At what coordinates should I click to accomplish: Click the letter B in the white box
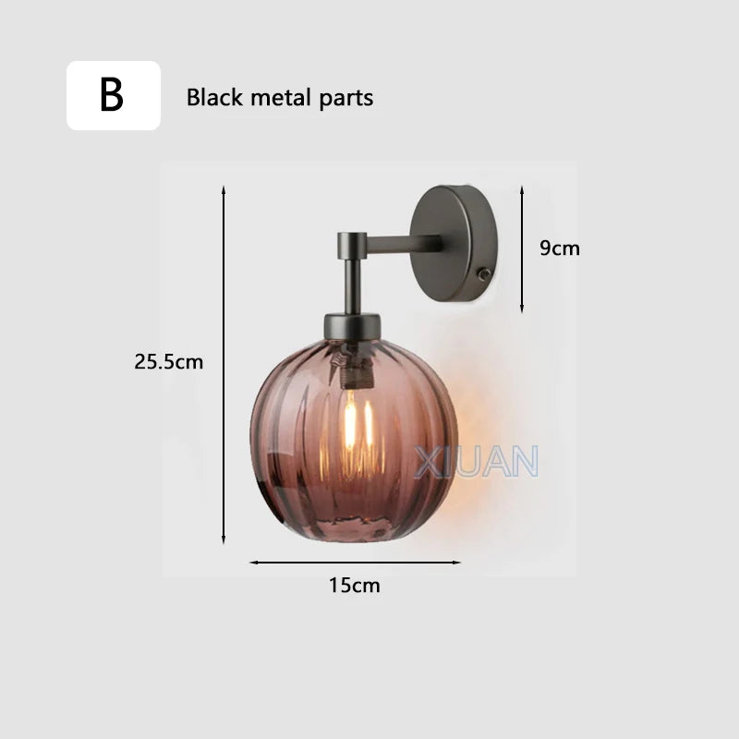(112, 96)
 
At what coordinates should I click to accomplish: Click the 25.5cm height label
(168, 362)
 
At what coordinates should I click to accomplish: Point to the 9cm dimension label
(559, 248)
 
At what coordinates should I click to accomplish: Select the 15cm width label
(355, 585)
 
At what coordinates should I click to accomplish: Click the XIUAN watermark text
(476, 461)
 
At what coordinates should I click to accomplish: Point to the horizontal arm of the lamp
(402, 246)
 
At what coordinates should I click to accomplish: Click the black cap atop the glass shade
(352, 325)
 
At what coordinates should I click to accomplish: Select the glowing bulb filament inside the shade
(352, 425)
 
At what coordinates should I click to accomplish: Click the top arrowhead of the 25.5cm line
(224, 188)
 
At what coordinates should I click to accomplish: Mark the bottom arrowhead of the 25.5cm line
(224, 540)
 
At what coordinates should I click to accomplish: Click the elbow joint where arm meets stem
(348, 245)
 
